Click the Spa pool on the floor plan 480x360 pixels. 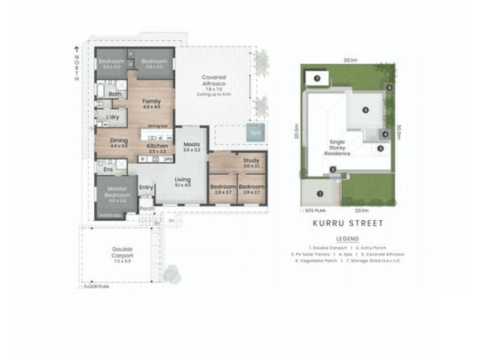256,132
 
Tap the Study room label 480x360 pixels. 251,160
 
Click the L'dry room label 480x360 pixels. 113,117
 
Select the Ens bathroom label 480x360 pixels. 109,170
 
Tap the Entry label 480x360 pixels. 146,188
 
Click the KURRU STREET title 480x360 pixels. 347,223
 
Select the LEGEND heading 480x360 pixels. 347,238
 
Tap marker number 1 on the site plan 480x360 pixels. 320,194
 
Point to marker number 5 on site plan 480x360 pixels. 364,110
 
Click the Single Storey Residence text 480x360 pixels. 337,148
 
